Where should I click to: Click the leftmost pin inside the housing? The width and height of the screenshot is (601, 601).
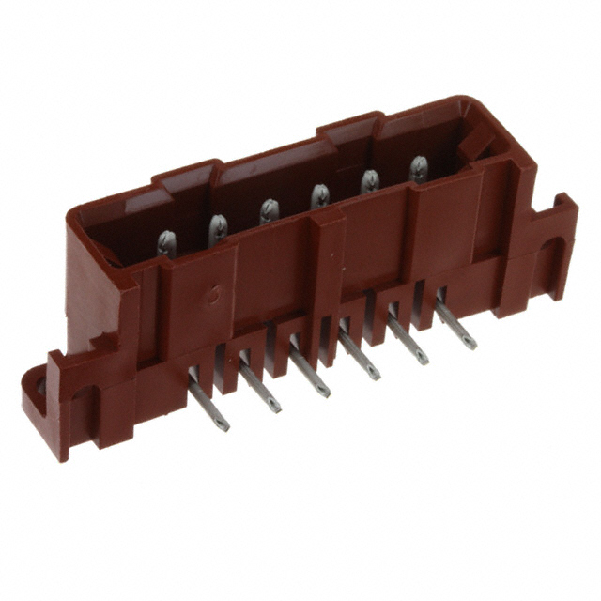166,243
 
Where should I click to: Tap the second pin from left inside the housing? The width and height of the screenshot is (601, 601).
218,228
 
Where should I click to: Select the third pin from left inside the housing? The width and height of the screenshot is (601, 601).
269,211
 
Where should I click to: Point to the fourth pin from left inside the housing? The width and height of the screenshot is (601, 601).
319,197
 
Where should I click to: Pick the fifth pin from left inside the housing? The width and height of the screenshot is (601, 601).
369,181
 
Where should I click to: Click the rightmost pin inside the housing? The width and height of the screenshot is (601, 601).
418,168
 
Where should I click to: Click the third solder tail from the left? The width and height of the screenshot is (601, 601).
310,367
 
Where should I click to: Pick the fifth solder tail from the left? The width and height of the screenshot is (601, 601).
408,337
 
